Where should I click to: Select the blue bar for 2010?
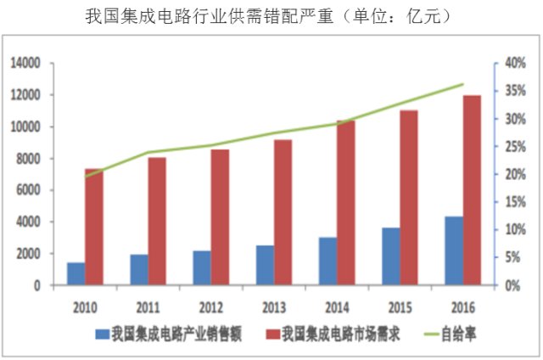click(76, 274)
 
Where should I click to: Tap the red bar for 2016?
click(473, 190)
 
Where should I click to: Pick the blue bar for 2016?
click(454, 251)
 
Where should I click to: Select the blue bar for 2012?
click(202, 268)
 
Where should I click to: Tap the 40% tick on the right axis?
click(515, 63)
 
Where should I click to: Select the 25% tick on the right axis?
click(515, 147)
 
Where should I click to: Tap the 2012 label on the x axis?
click(210, 306)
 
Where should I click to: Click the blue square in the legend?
click(102, 335)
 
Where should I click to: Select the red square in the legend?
click(272, 335)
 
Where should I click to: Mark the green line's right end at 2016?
click(463, 84)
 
